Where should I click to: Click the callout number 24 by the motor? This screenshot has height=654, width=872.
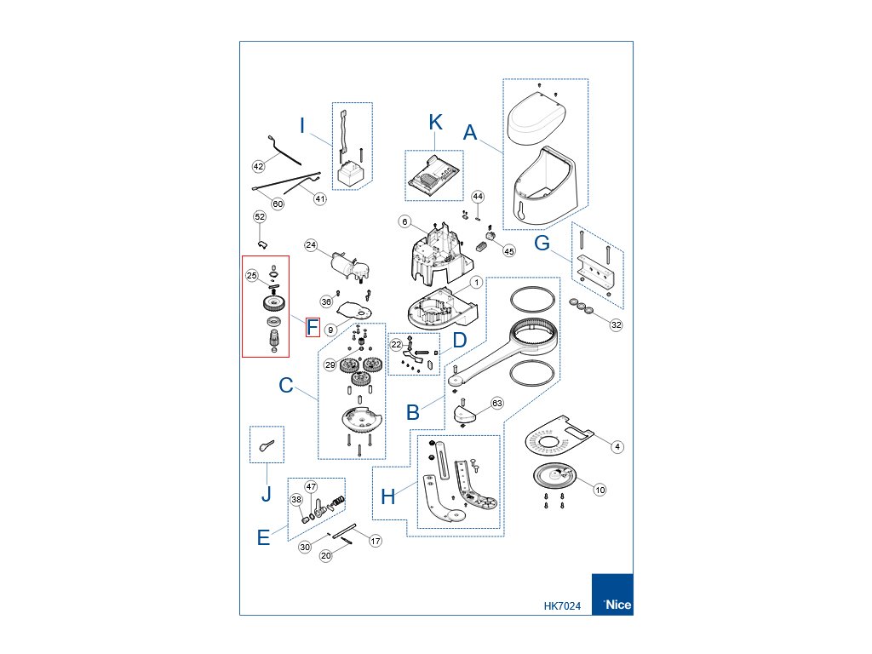click(311, 245)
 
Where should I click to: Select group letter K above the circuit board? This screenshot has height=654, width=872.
click(435, 122)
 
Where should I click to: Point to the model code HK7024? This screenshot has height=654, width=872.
click(562, 606)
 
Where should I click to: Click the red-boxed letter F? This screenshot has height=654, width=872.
click(313, 326)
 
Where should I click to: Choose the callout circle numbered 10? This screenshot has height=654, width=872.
click(599, 490)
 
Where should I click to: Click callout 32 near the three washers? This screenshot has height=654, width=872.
click(617, 324)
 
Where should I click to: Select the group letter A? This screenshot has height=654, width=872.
click(470, 133)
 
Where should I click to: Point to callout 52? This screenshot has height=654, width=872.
click(260, 217)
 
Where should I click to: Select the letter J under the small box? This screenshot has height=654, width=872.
click(266, 494)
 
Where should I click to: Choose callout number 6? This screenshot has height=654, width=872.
click(405, 221)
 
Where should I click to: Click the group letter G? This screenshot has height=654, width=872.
click(542, 244)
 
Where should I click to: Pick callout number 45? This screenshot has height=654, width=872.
click(509, 251)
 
